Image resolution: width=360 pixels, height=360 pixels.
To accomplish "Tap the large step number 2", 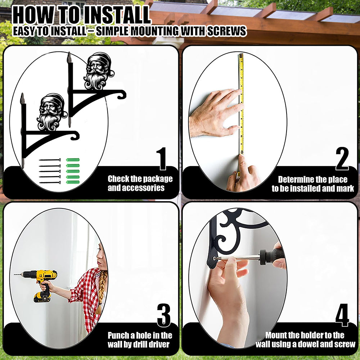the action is coord(342,158).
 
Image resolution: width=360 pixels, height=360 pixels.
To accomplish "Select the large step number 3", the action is coord(164,315).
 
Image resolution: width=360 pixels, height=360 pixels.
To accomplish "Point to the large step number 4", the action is coord(342,315).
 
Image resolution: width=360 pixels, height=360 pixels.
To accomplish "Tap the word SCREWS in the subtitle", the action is coord(227,31).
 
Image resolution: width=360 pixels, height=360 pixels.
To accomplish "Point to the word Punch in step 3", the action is coord(118,336).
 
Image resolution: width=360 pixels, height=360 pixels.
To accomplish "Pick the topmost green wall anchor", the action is coord(73,160).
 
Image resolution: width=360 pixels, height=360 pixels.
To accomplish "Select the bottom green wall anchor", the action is coord(73,182).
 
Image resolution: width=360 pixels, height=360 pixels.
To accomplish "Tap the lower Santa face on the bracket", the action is coord(52,112).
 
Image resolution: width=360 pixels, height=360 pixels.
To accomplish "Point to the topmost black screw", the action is coord(50,160).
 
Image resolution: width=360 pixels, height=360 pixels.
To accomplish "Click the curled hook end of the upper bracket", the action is coord(121,94).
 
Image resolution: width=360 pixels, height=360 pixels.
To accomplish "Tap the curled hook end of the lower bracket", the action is coord(75,135).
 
